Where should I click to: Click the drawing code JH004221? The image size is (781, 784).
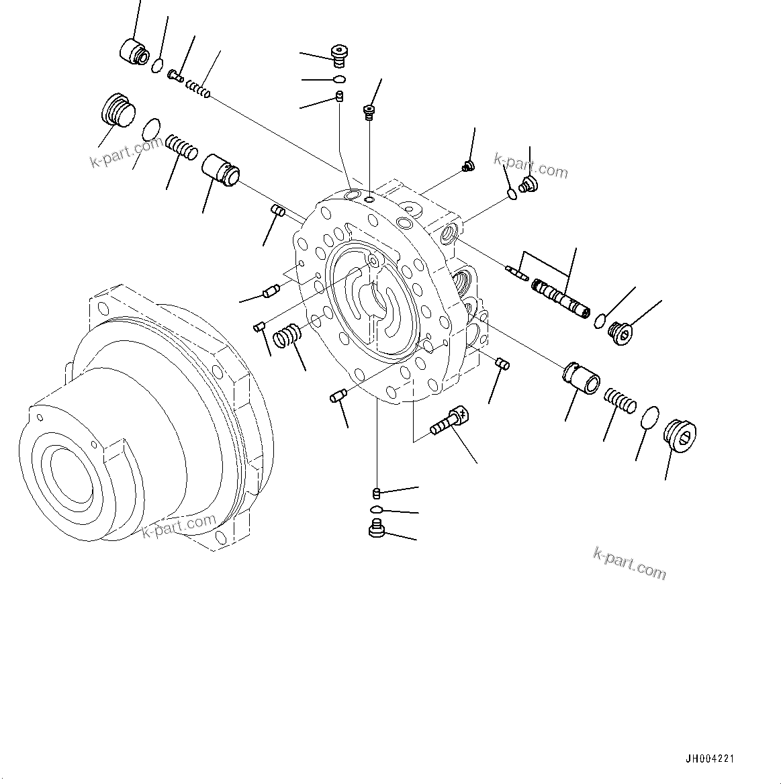(710, 759)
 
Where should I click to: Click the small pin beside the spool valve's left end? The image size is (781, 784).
(516, 271)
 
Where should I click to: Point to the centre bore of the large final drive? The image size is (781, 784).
(65, 475)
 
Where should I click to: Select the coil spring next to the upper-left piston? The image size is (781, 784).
(181, 148)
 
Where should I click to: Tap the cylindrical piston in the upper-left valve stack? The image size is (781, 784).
(221, 169)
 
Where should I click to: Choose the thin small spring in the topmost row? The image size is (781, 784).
(199, 89)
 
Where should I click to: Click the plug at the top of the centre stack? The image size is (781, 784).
(342, 55)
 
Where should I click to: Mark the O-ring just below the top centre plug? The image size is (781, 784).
(340, 79)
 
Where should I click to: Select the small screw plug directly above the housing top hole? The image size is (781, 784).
(369, 111)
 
